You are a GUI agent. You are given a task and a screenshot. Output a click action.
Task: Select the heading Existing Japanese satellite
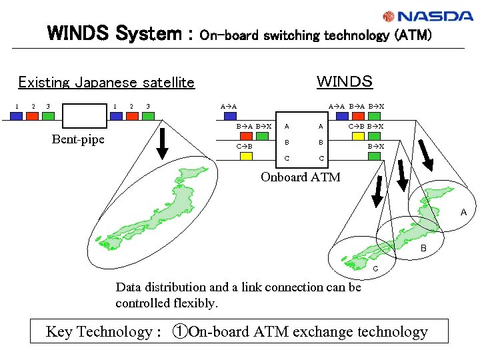click(x=106, y=83)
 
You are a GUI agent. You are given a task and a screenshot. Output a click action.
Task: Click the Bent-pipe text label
click(x=78, y=139)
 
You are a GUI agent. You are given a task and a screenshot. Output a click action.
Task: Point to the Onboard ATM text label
click(x=300, y=177)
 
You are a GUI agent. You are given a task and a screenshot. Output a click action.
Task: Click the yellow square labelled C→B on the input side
click(x=246, y=156)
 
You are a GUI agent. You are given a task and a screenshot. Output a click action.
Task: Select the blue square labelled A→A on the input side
click(x=229, y=116)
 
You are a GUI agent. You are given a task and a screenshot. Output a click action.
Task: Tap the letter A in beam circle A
click(x=463, y=213)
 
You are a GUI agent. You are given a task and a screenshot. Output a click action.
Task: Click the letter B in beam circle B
click(x=423, y=249)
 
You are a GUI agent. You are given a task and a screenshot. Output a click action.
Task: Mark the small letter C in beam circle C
click(x=375, y=269)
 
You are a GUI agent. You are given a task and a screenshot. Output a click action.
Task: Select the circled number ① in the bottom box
click(x=180, y=331)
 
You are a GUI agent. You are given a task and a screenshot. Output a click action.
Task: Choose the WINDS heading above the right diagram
click(x=344, y=81)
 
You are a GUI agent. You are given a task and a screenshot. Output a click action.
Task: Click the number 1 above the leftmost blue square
click(x=17, y=106)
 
